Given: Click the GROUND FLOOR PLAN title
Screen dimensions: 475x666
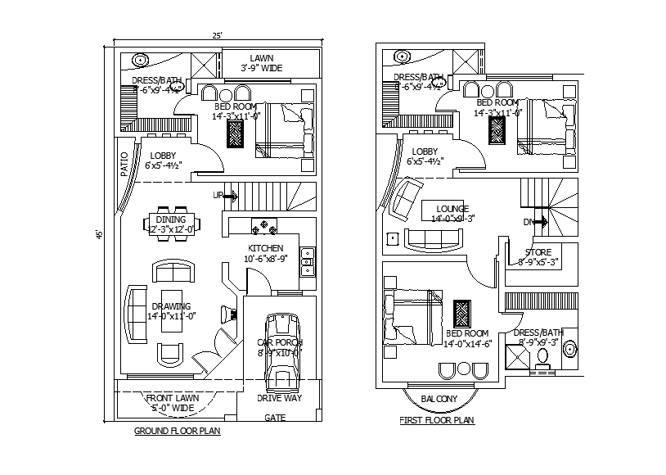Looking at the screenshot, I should click(x=177, y=430).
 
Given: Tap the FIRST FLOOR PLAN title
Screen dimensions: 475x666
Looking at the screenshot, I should click(x=436, y=421).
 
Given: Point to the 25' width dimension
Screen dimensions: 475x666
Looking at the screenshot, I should click(x=217, y=36).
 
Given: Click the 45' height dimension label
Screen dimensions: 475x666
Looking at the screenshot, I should click(x=99, y=234).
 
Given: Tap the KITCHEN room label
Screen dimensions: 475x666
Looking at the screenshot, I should click(x=266, y=248).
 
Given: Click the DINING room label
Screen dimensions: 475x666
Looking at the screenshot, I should click(x=170, y=219).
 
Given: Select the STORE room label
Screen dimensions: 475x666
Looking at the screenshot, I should click(x=538, y=252).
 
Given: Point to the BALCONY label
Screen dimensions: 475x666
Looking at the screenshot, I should click(x=439, y=399).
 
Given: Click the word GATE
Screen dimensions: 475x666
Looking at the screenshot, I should click(x=274, y=417).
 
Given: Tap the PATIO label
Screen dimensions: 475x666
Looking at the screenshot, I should click(x=124, y=164).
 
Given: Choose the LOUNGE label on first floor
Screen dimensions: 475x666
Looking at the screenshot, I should click(x=452, y=208).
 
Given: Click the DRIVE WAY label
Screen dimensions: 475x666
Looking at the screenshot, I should click(x=280, y=399).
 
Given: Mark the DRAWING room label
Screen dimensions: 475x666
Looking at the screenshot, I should click(x=170, y=306).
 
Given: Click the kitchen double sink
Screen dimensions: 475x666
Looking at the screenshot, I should click(x=308, y=262).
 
